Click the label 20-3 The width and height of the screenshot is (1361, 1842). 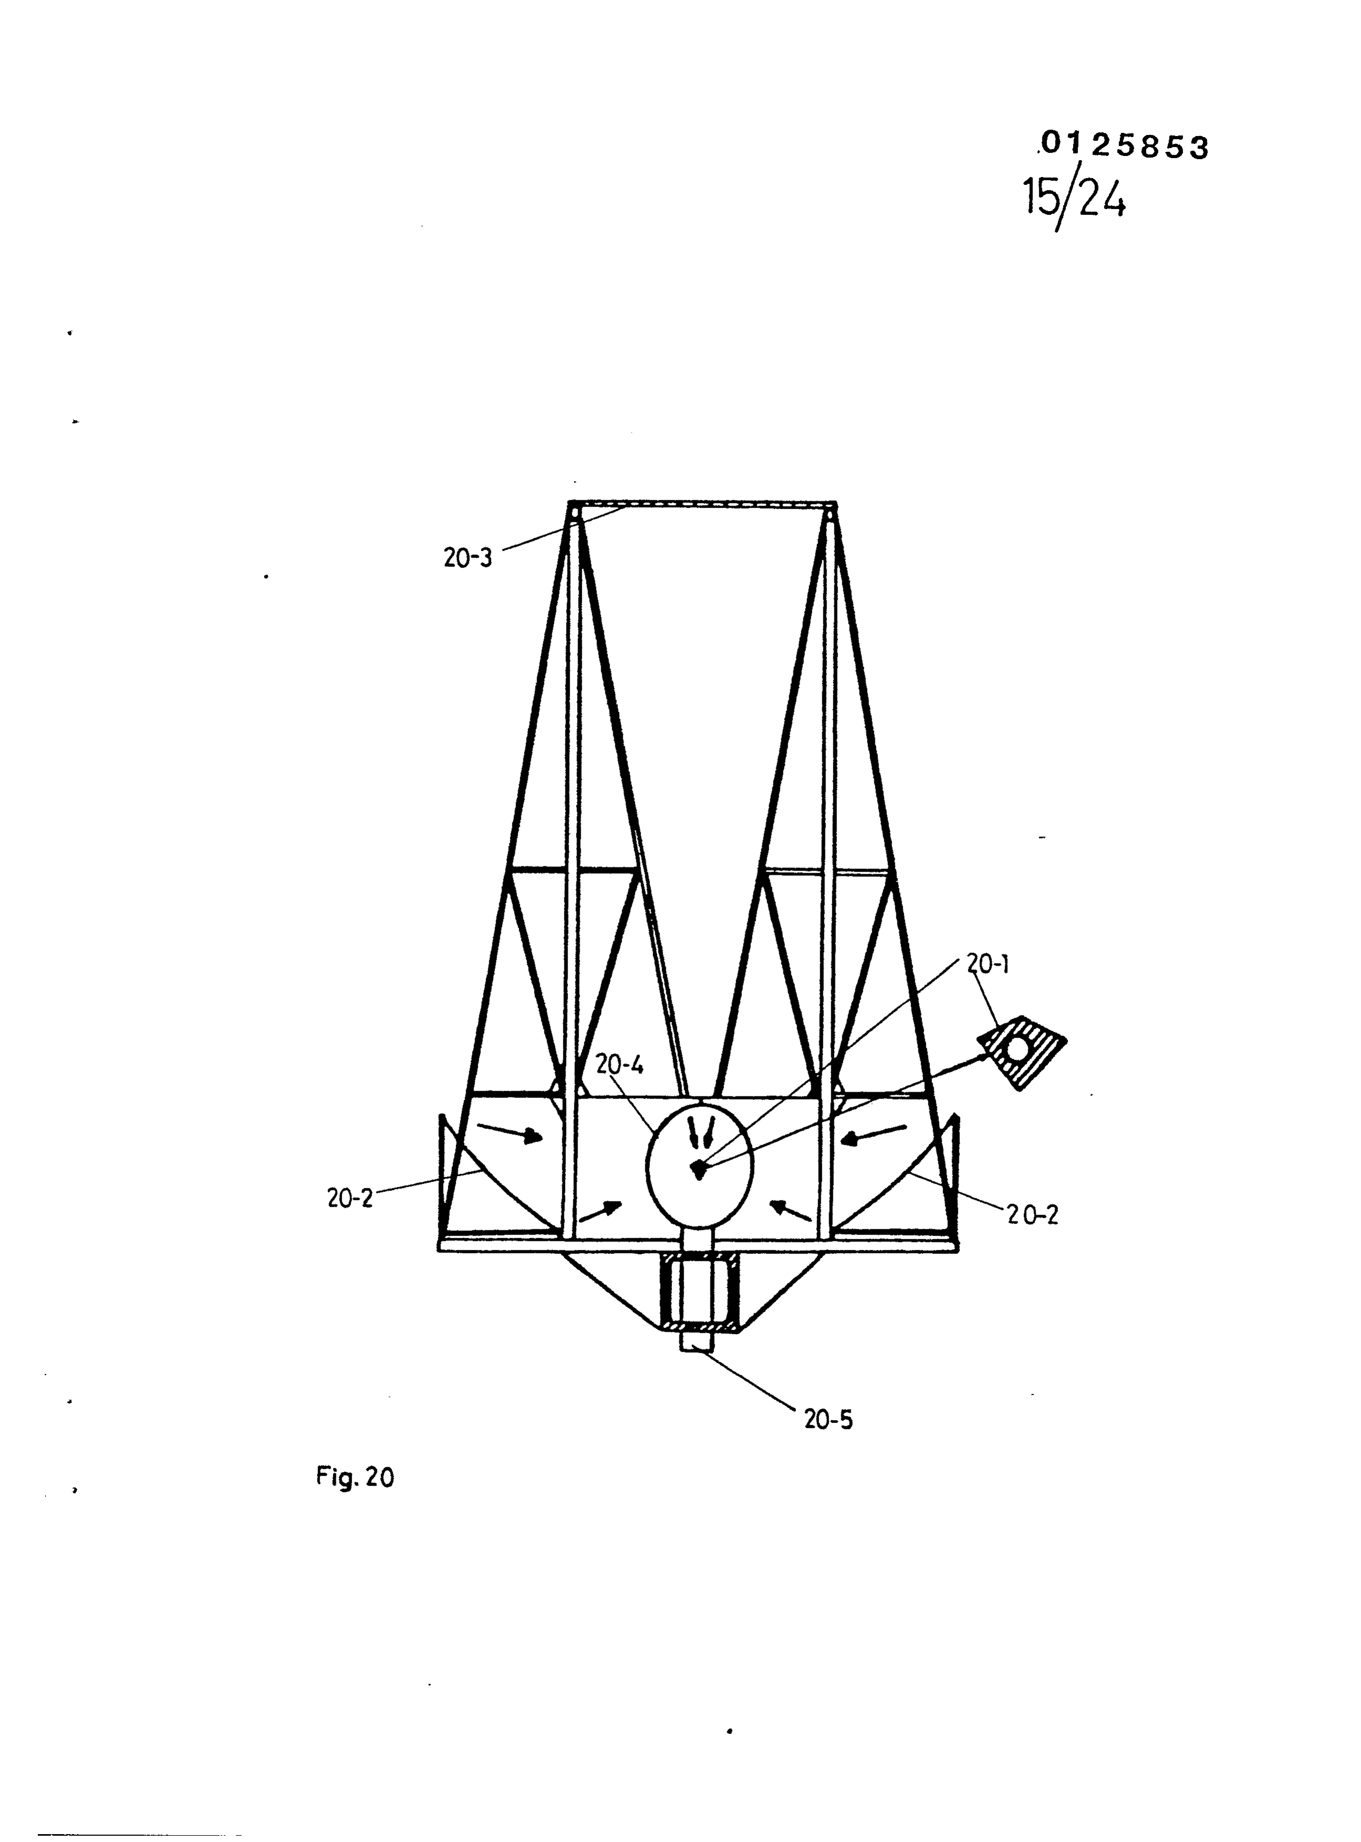467,558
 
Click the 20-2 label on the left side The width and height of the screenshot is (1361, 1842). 350,1199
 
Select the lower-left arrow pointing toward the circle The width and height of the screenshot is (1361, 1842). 601,1211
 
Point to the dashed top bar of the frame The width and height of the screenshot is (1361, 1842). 703,504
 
